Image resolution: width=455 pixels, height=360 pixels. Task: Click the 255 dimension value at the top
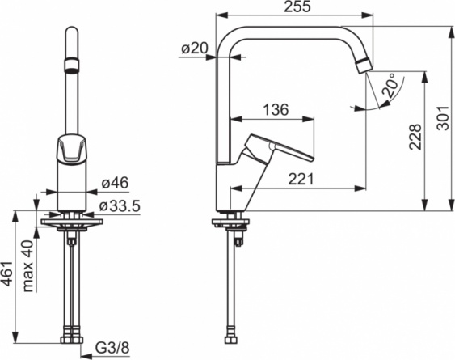(297, 6)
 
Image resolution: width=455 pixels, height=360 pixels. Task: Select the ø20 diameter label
(195, 48)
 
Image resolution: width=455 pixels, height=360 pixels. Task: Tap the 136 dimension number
(276, 109)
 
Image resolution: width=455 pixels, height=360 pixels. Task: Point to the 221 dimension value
(301, 179)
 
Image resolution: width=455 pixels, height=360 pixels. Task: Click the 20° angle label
(390, 85)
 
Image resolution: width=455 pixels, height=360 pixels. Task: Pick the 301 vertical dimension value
(443, 117)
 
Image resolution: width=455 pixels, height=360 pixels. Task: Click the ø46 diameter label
(115, 183)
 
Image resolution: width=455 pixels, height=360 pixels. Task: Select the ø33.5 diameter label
(120, 206)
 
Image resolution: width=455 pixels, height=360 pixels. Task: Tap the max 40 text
(28, 265)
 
